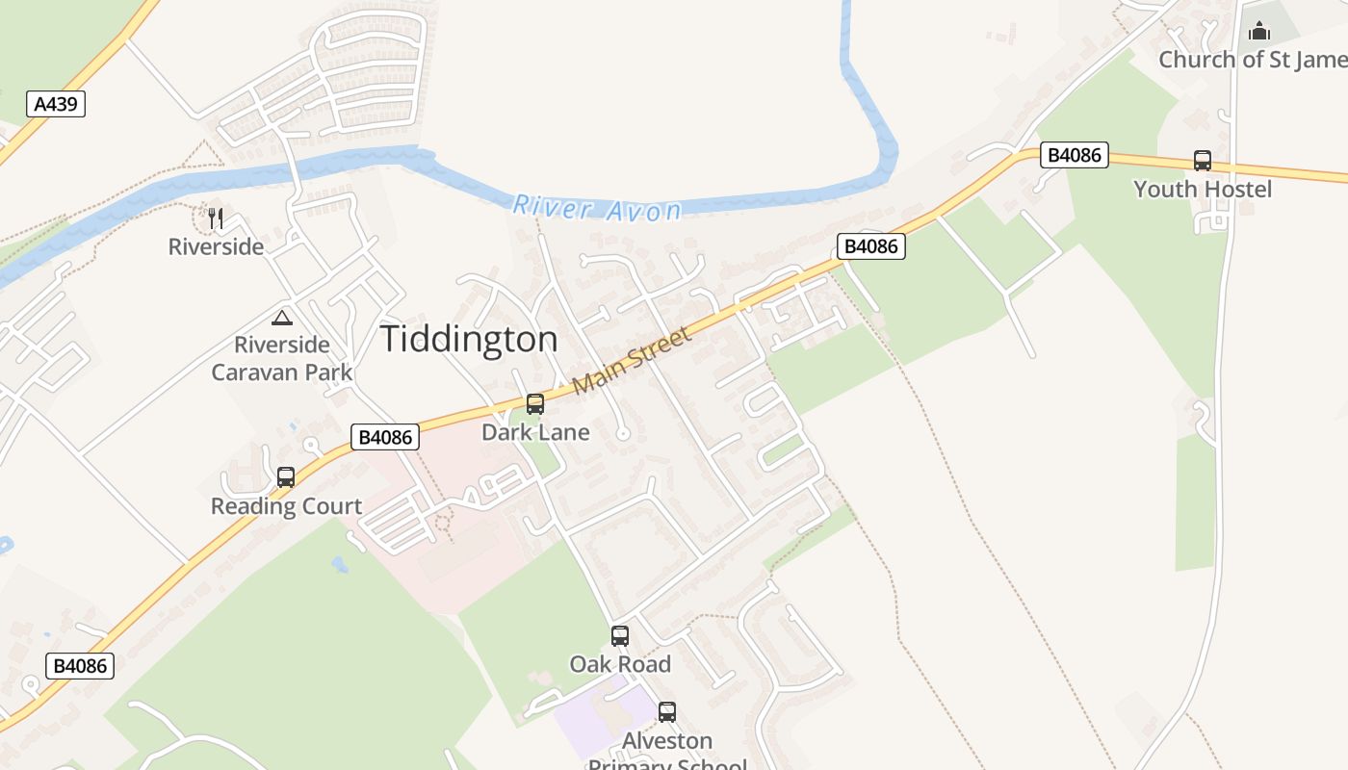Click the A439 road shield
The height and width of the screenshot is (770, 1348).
coord(56,104)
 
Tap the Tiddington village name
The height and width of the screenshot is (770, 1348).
coord(469,339)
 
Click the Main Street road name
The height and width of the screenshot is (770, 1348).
coord(632,360)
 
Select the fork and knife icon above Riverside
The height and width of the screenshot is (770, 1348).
coord(216,218)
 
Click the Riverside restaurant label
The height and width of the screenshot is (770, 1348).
coord(216,246)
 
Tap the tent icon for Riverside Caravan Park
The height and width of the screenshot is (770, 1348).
coord(282,318)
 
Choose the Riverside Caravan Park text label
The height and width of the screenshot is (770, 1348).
coord(282,358)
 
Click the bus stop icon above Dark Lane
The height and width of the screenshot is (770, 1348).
coord(535,404)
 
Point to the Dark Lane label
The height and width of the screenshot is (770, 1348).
coord(535,432)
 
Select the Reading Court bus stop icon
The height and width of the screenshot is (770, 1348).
coord(286,477)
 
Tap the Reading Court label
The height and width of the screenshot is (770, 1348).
coord(286,506)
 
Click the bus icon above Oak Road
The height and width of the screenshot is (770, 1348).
coord(620,636)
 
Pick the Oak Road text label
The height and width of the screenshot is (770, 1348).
coord(620,664)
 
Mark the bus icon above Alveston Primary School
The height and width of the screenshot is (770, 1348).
coord(667,712)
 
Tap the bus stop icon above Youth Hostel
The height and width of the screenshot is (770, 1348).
coord(1203,161)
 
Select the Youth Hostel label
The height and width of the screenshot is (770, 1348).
coord(1203,189)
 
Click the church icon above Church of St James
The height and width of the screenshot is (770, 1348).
coord(1259,31)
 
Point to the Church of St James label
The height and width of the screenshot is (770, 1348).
coord(1252,60)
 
